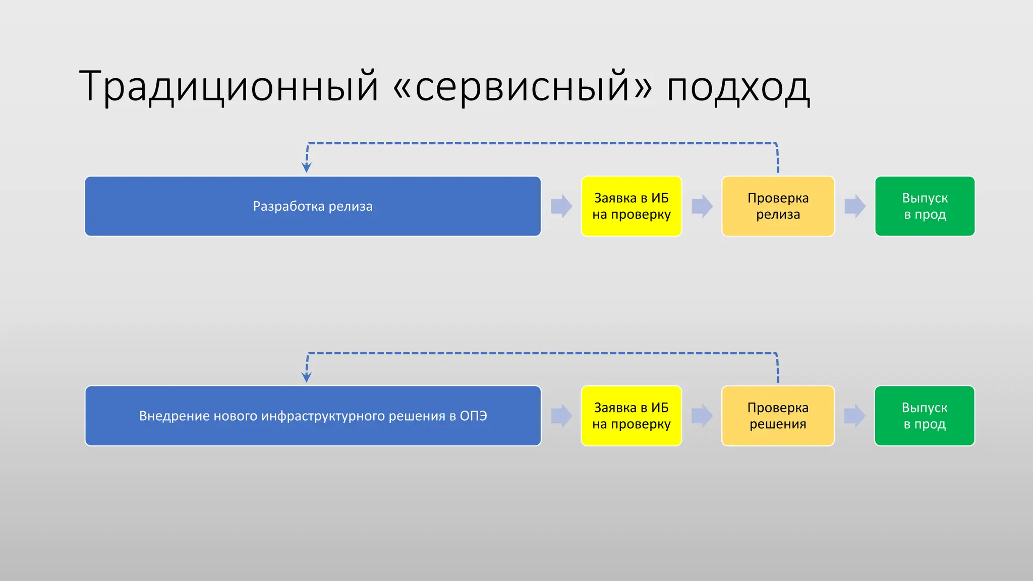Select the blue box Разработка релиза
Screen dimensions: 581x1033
point(313,206)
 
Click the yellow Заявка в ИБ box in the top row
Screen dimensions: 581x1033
point(631,206)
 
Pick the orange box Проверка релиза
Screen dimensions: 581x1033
point(778,206)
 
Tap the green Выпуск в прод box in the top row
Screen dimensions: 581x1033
point(925,206)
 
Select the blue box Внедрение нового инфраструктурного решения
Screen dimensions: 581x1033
point(313,416)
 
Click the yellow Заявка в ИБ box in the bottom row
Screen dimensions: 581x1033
point(631,416)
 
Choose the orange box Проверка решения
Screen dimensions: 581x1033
point(778,416)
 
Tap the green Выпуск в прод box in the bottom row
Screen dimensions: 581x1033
point(925,416)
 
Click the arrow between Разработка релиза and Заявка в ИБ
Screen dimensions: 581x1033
point(561,206)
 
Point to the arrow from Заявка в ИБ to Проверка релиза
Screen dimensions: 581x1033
point(702,206)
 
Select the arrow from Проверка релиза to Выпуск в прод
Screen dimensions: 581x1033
point(855,206)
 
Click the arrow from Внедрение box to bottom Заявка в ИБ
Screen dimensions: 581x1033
point(561,416)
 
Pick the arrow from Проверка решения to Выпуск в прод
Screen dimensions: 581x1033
point(855,416)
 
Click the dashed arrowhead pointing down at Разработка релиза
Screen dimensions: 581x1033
point(306,167)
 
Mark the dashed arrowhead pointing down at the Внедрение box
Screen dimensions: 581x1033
point(306,377)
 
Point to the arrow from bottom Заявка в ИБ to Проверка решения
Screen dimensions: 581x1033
point(702,416)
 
